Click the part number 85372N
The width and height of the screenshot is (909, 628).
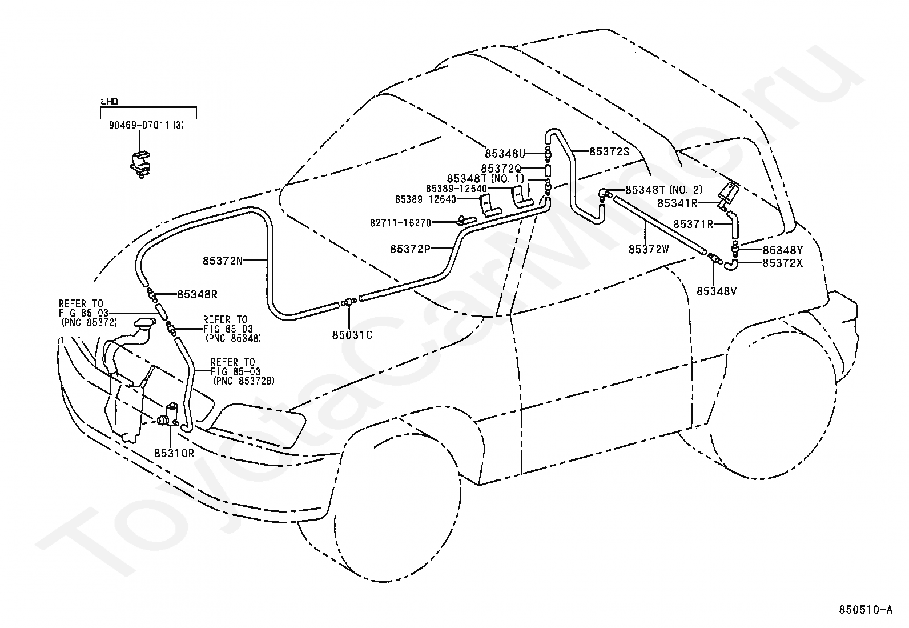coord(222,261)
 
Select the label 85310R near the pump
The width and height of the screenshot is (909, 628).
coord(174,453)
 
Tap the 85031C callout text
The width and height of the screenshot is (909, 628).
coord(352,335)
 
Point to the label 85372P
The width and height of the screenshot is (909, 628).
coord(410,249)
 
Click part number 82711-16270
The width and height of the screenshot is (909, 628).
coord(400,223)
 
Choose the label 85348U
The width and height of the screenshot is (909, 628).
coord(505,154)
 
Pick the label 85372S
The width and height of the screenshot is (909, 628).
coord(609,151)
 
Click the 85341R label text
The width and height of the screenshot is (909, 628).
coord(677,203)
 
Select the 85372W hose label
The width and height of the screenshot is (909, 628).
coord(649,249)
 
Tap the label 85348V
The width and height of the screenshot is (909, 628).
coord(717,291)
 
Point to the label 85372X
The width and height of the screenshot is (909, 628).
coord(782,263)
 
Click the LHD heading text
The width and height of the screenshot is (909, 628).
coord(109,101)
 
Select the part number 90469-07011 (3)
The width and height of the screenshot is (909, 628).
coord(146,125)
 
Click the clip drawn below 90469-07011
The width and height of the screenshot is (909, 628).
coord(140,165)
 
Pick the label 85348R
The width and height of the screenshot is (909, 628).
coord(197,294)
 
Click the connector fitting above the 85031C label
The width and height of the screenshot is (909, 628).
coord(349,302)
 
